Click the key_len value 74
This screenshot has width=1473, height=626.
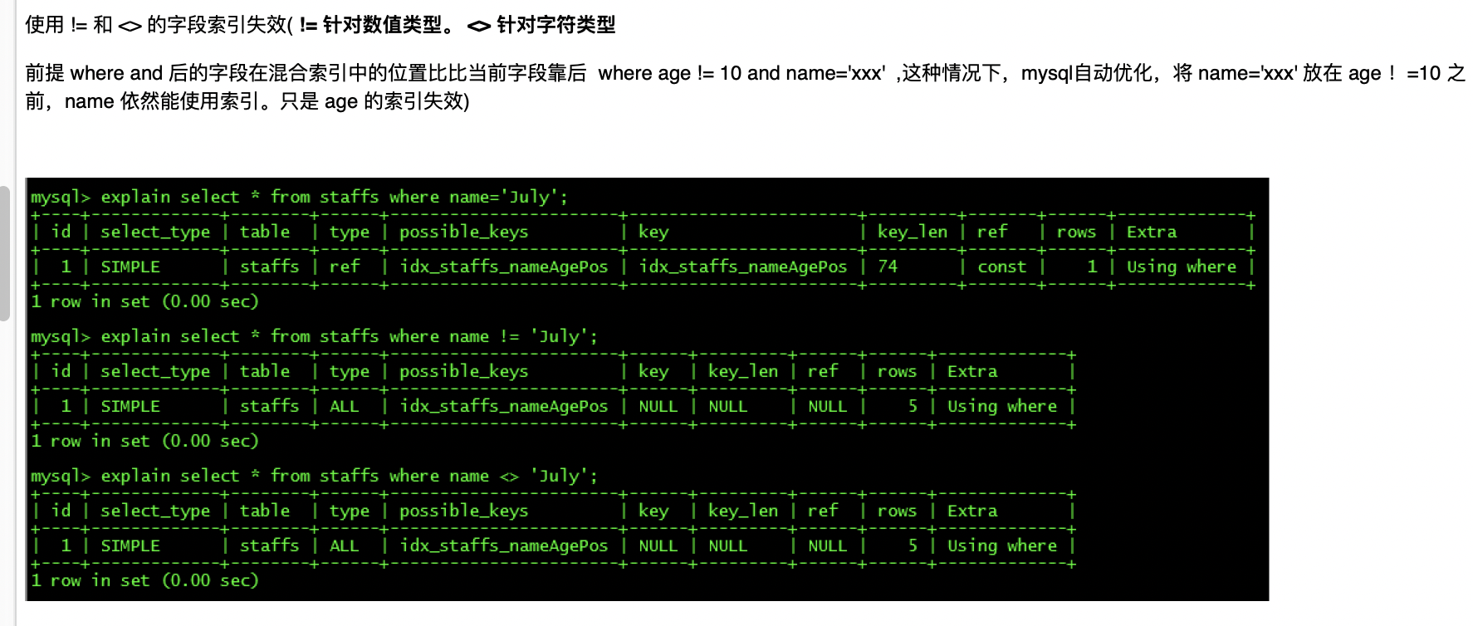click(x=888, y=267)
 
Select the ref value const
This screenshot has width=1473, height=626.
click(x=1001, y=267)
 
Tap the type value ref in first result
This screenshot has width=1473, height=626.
click(x=345, y=267)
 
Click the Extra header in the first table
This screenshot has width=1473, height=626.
click(x=1151, y=232)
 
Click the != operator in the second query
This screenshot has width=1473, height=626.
click(x=509, y=336)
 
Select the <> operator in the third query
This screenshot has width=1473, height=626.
click(x=509, y=476)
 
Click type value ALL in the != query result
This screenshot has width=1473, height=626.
click(x=345, y=406)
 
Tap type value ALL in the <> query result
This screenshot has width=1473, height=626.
click(x=345, y=545)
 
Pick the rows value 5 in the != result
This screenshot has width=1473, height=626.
click(x=913, y=406)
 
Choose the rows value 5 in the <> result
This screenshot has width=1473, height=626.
click(x=913, y=545)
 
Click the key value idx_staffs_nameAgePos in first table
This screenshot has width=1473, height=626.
click(x=742, y=267)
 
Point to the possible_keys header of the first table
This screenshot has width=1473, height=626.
click(x=463, y=232)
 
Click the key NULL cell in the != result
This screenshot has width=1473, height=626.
click(x=658, y=406)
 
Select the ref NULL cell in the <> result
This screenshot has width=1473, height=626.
click(x=827, y=545)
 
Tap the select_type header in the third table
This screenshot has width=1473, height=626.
click(x=155, y=511)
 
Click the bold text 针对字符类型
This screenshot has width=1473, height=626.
click(x=555, y=25)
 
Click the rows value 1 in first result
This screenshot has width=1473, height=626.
click(x=1092, y=267)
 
